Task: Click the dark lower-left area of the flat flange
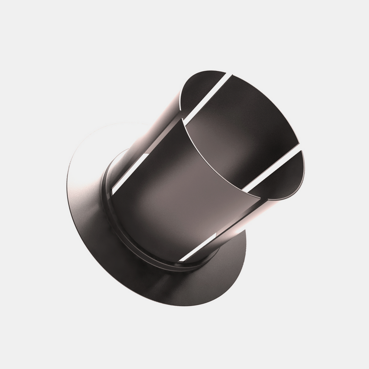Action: (x=111, y=266)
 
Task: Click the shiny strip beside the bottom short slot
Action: (x=221, y=236)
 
